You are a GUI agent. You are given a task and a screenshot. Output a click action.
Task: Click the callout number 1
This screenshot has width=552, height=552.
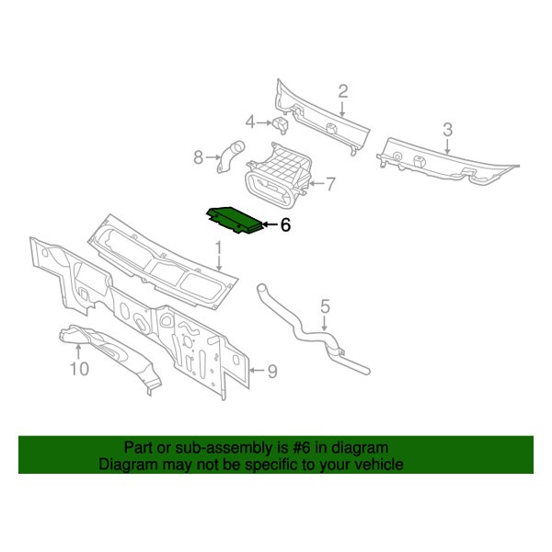pos(219,247)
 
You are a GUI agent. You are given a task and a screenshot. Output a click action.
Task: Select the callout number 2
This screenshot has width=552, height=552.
pos(343,91)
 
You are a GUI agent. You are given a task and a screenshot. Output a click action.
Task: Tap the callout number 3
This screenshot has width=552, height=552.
pos(448,129)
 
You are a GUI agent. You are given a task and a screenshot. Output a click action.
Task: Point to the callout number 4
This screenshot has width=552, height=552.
pos(249,121)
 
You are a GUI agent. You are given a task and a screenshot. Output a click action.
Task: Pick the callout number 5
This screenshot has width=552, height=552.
pos(325,305)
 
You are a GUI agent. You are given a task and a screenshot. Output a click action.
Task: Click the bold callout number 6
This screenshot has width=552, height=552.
pos(284,224)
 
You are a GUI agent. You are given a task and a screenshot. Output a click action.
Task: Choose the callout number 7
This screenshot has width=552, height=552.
pos(331,183)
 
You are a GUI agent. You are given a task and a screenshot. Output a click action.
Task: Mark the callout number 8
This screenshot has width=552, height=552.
pos(197,157)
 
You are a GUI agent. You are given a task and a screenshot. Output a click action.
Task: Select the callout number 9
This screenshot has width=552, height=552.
pos(272,371)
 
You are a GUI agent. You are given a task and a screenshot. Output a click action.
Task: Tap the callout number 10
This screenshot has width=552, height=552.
pos(79,371)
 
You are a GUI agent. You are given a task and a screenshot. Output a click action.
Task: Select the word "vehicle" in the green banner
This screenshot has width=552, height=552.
pos(378,465)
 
